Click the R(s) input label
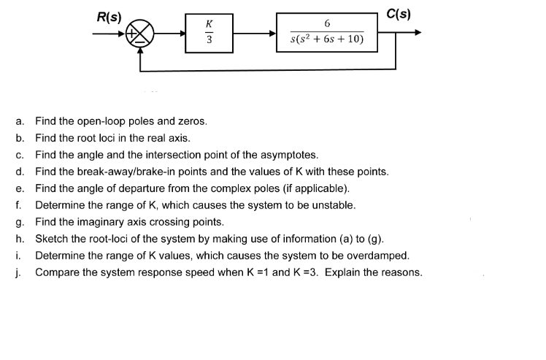(109, 15)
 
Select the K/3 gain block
(209, 33)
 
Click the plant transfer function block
(326, 33)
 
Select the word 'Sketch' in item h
(52, 239)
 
